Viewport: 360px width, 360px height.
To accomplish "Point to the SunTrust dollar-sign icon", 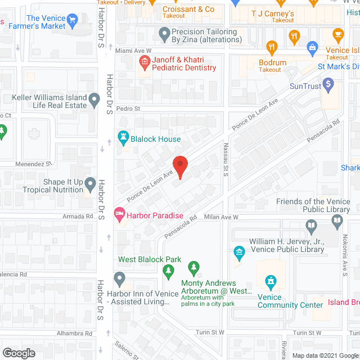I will [x=328, y=85].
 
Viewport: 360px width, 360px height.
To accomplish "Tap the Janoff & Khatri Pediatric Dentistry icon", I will [x=144, y=63].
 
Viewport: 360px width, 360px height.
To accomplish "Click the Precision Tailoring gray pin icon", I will [x=164, y=37].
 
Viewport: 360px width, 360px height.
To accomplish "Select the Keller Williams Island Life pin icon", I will [x=96, y=101].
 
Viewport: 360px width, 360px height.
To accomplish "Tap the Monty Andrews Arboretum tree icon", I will [x=194, y=267].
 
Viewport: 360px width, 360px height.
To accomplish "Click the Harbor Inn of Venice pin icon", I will [x=119, y=278].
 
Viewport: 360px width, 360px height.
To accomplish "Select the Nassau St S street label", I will [x=225, y=159].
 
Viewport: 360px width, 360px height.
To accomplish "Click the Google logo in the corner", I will [x=19, y=353].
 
